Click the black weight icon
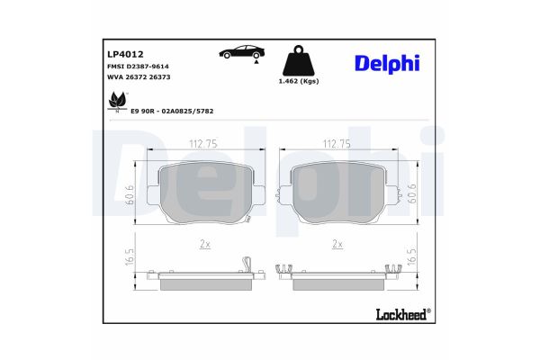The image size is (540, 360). (300, 61)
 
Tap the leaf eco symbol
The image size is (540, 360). (115, 106)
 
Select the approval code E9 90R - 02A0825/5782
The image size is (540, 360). (172, 112)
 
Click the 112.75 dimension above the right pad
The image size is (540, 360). (337, 141)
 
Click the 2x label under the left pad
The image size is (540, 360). (204, 244)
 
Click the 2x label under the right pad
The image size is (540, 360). (338, 244)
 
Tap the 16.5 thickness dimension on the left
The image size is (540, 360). (130, 259)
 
